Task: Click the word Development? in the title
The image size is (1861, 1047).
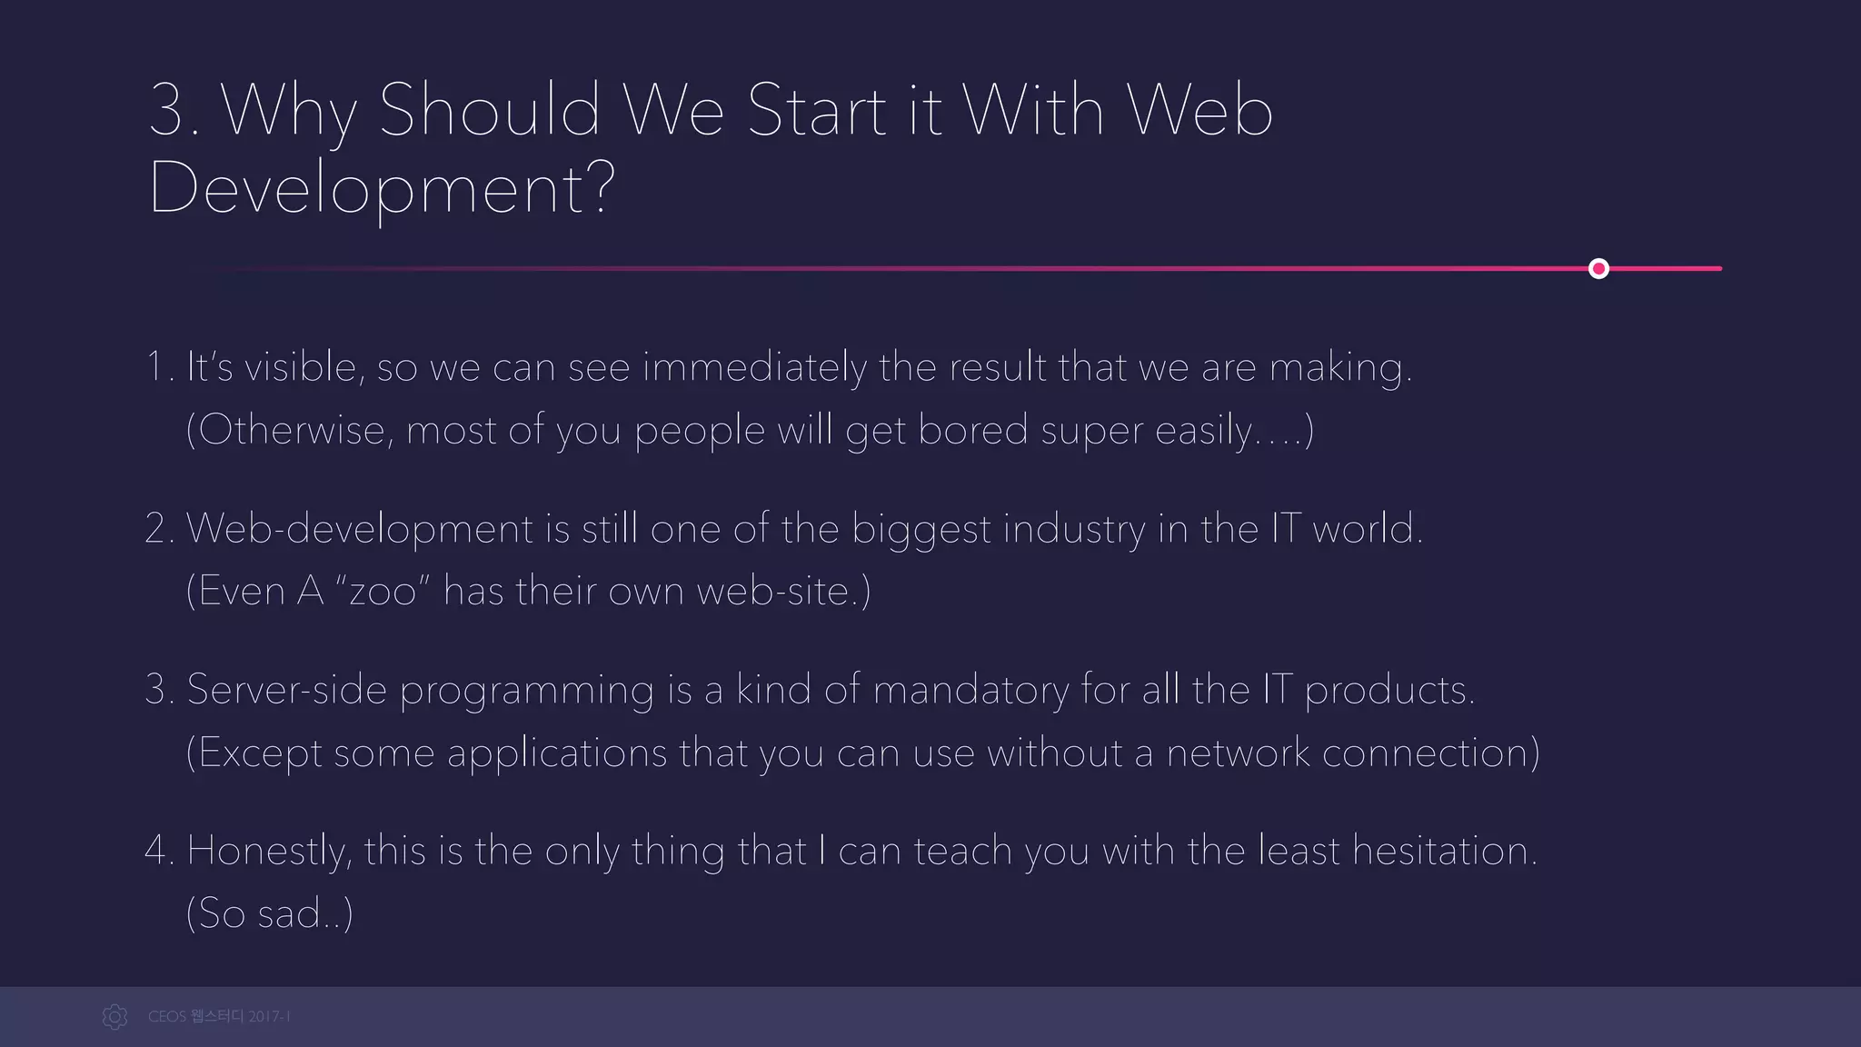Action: pos(382,188)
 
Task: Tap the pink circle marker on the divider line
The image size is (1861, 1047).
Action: pos(1598,268)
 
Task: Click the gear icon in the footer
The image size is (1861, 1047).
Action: pos(114,1016)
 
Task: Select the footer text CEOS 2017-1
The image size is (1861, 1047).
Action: pos(219,1016)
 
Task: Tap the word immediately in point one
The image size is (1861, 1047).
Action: pos(754,368)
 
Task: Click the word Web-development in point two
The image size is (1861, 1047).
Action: pos(360,529)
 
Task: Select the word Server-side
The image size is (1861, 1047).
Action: pos(287,690)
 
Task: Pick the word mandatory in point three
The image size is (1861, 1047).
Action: pos(970,690)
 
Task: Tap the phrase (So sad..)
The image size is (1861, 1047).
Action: pos(269,913)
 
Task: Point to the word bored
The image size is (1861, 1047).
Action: pos(972,430)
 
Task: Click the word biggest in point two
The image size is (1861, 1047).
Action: pos(921,529)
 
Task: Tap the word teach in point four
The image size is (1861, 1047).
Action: pos(962,852)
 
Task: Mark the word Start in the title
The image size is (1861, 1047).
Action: pos(816,110)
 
